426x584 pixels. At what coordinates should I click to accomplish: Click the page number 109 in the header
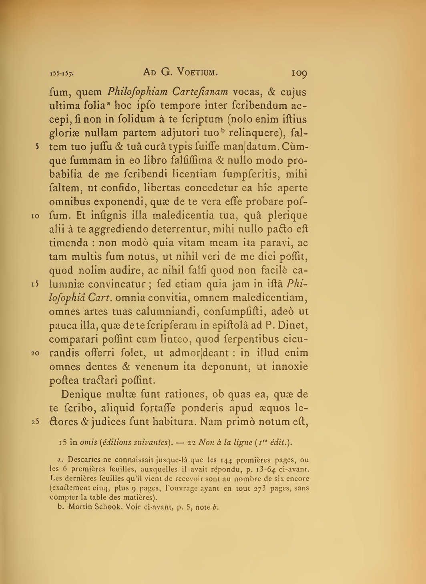299,73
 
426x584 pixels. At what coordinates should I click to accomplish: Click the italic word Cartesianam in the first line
200,92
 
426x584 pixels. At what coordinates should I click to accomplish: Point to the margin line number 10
34,217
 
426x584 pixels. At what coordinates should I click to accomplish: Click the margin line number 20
34,354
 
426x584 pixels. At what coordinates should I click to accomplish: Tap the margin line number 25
34,422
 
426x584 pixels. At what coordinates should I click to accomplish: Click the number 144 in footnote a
222,460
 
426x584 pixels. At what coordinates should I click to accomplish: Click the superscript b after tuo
206,130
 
